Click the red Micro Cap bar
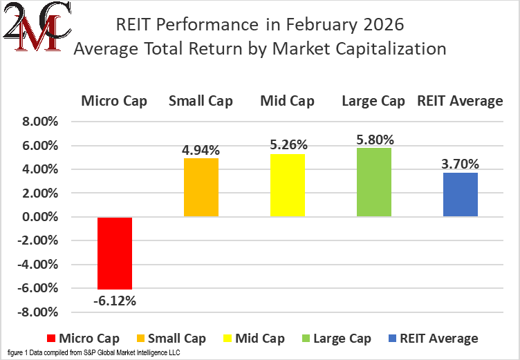click(114, 253)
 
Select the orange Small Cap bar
click(201, 187)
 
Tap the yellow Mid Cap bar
click(287, 185)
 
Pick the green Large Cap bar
click(373, 182)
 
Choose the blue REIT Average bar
click(460, 195)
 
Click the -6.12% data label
click(114, 301)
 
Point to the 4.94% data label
click(201, 149)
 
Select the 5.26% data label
click(287, 145)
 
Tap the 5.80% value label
click(373, 139)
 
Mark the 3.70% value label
click(460, 164)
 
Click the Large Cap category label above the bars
click(373, 101)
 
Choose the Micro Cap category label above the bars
click(114, 101)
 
